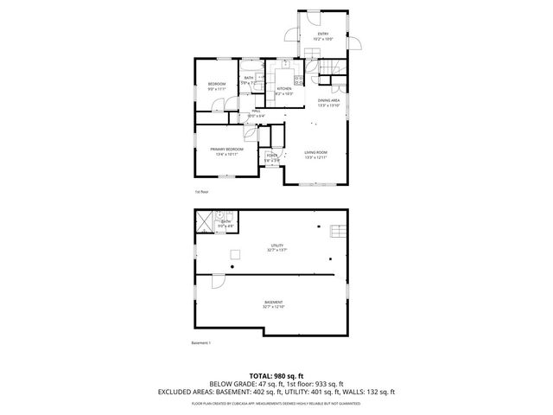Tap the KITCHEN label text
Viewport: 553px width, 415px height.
pyautogui.click(x=283, y=88)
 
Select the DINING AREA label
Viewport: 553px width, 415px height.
pyautogui.click(x=328, y=100)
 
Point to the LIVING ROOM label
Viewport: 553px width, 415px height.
pyautogui.click(x=315, y=152)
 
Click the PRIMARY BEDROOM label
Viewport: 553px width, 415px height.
pyautogui.click(x=226, y=150)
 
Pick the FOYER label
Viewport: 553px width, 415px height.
pyautogui.click(x=271, y=156)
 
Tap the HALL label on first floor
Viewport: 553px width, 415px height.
pyautogui.click(x=257, y=111)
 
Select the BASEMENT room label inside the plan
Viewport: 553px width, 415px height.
pyautogui.click(x=273, y=303)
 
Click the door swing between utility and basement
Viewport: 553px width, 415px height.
pyautogui.click(x=218, y=281)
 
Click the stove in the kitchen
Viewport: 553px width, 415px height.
pyautogui.click(x=296, y=79)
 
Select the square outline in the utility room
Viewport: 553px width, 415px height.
pyautogui.click(x=233, y=253)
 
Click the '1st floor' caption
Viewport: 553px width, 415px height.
pyautogui.click(x=201, y=192)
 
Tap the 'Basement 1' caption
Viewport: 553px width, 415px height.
pyautogui.click(x=200, y=343)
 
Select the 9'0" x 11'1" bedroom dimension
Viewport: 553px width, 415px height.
pyautogui.click(x=216, y=89)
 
